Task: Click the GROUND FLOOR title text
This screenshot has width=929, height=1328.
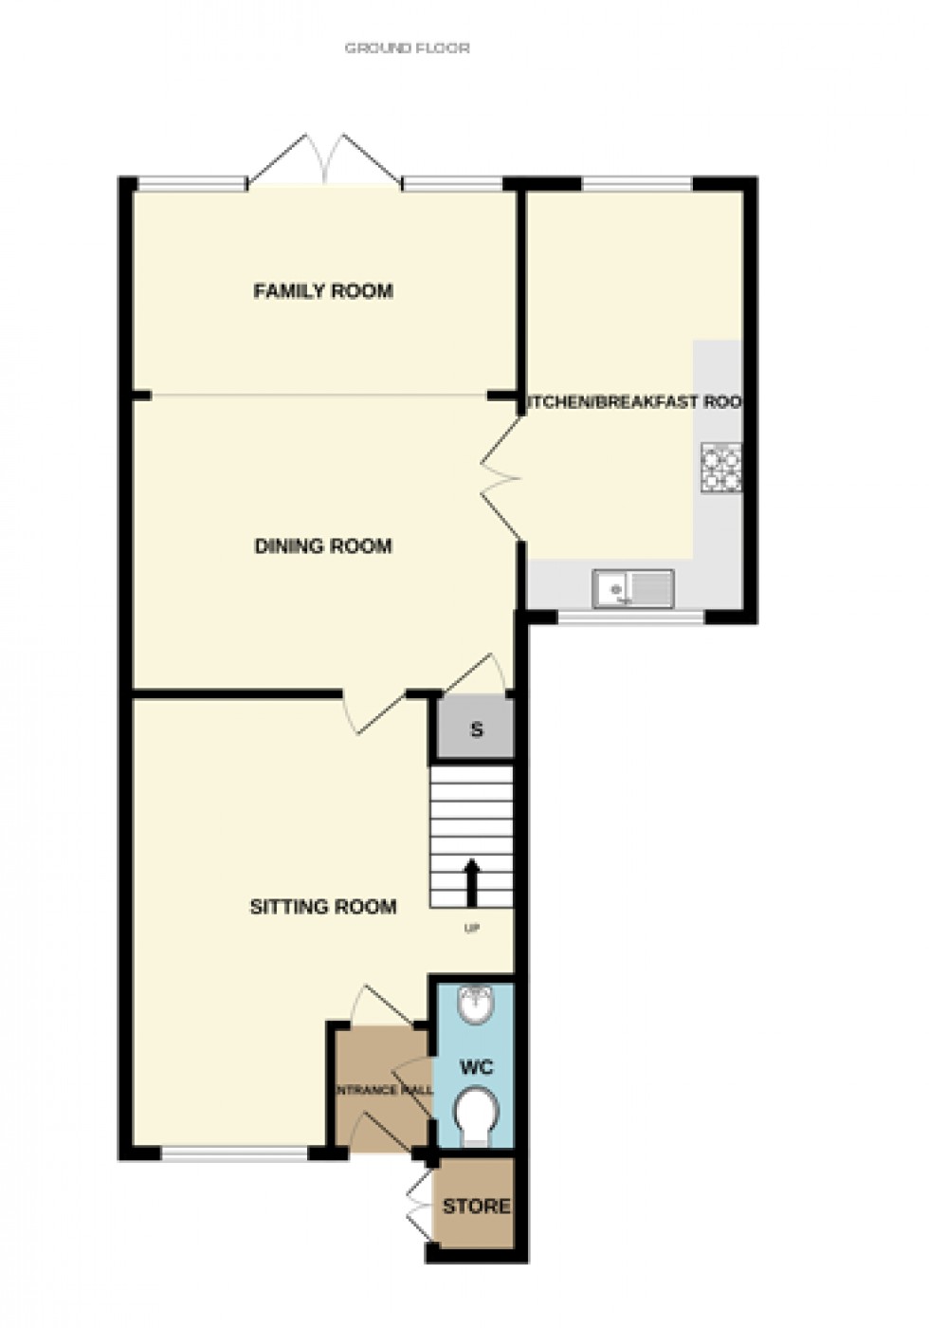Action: (407, 47)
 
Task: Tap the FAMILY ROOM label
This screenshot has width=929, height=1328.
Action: (323, 291)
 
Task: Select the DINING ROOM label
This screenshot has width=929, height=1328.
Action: (323, 545)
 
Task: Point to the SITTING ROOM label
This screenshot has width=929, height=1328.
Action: (323, 907)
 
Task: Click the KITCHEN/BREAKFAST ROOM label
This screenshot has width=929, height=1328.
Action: (633, 402)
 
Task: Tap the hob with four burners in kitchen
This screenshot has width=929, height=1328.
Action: (721, 468)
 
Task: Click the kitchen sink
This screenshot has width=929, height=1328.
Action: (632, 588)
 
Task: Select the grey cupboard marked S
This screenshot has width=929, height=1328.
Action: (476, 729)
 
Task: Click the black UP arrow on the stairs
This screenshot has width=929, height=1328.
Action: (471, 882)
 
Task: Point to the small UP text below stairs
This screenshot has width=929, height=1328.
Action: (471, 928)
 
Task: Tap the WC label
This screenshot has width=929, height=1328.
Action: (476, 1067)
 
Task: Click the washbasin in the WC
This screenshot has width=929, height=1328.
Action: (473, 1005)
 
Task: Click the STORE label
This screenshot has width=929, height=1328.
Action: (476, 1206)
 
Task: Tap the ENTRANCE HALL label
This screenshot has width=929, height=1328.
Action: (383, 1090)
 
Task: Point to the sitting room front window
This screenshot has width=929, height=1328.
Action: (234, 1153)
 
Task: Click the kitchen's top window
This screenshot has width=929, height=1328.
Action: (637, 184)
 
